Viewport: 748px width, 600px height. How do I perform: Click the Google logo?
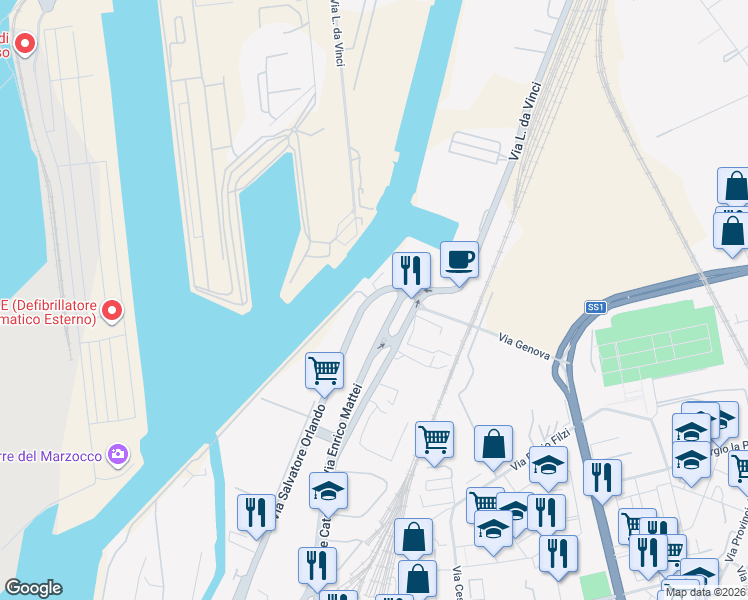[x=33, y=588]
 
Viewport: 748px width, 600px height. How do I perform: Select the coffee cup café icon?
[x=459, y=260]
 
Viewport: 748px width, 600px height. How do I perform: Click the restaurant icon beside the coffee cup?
[x=411, y=271]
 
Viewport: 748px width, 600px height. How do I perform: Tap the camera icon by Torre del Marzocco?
[x=119, y=456]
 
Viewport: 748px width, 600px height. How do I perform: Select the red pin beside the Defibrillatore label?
[x=113, y=312]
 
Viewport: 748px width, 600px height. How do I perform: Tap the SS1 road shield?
[x=596, y=308]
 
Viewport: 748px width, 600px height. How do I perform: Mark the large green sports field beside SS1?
[x=657, y=340]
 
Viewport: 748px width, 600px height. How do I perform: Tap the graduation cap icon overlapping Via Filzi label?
[x=548, y=465]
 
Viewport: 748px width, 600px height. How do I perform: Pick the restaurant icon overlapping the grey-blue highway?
[x=602, y=477]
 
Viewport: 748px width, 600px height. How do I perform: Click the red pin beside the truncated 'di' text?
[x=24, y=44]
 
